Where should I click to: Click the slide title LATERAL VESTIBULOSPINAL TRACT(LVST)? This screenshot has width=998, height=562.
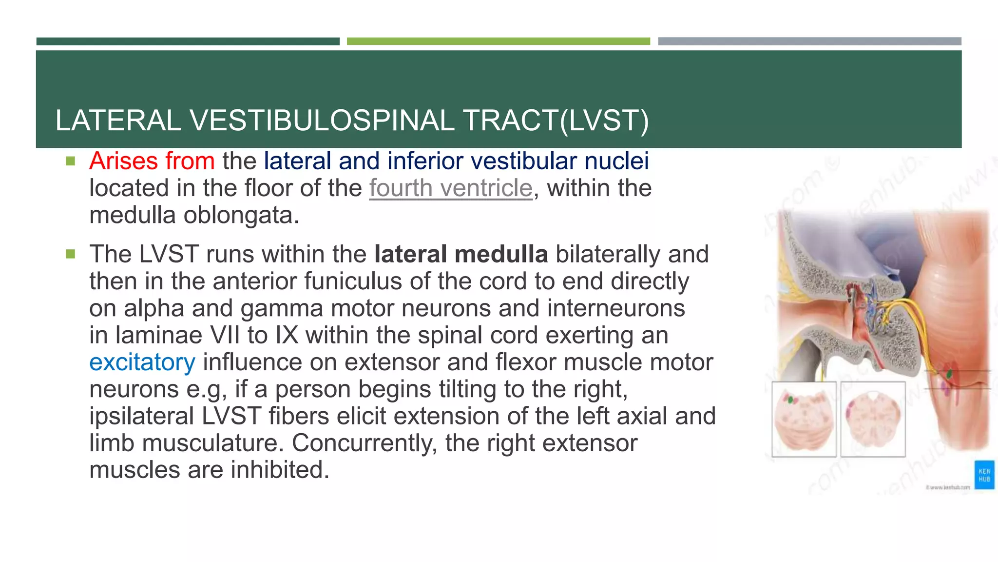[x=352, y=120]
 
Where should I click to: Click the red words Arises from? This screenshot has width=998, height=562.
[x=152, y=161]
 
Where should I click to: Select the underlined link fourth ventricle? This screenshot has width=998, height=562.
[x=451, y=188]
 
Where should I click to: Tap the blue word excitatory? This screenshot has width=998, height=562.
[x=142, y=362]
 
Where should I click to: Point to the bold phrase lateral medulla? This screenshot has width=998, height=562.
[x=461, y=254]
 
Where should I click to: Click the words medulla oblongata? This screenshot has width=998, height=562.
[x=194, y=215]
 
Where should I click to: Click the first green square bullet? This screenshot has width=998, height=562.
[x=71, y=161]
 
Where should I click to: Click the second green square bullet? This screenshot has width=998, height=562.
[x=71, y=254]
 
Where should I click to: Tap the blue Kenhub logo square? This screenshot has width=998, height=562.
[x=984, y=475]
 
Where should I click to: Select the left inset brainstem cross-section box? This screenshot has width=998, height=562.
[x=804, y=420]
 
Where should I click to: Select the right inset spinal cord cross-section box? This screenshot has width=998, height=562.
[x=873, y=420]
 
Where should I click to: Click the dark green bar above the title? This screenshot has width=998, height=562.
[x=188, y=41]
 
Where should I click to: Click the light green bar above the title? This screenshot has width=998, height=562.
[x=498, y=41]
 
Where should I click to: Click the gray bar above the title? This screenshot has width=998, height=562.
[x=809, y=41]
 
